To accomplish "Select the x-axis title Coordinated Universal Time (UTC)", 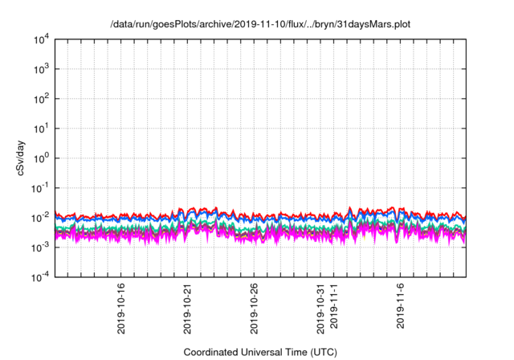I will point(261,352).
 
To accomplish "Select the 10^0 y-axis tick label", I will point(42,157).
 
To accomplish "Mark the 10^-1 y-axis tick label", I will point(41,187).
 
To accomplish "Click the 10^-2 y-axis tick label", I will point(41,217).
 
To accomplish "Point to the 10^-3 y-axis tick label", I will point(41,247).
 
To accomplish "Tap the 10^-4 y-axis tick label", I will point(41,276).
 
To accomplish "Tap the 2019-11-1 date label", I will point(335,305).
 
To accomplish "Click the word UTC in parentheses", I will point(323,352).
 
